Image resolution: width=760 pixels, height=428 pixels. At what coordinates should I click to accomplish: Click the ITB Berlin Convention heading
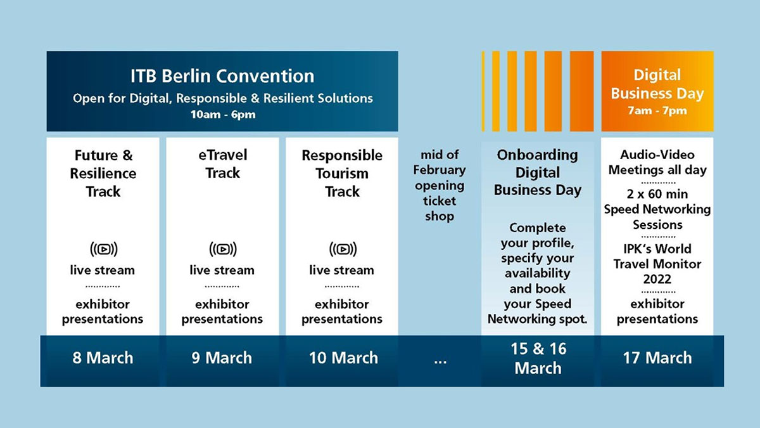222,77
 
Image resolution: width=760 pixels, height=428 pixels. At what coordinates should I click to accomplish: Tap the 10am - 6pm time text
222,115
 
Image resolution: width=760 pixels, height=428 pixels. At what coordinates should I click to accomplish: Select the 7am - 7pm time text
657,111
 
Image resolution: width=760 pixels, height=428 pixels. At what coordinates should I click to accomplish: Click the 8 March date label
103,358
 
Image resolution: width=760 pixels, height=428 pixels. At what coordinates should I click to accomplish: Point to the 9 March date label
222,358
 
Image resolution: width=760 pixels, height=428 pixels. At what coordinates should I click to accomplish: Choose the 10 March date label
343,358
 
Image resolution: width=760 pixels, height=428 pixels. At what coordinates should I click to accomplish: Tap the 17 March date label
657,358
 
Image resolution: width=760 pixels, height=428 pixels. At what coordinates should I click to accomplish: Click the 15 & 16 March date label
538,358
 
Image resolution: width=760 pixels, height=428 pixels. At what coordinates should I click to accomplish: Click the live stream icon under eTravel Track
222,249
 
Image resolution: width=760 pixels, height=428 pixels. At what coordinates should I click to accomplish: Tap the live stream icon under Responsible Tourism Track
342,249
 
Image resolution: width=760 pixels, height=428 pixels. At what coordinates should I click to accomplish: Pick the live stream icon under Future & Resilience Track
103,249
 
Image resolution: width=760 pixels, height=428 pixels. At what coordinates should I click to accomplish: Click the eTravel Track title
222,164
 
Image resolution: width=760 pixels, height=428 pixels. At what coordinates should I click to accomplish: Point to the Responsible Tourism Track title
342,173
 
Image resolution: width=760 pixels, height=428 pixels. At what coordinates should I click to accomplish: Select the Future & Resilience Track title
103,172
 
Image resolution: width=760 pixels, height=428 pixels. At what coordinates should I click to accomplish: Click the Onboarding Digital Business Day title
538,172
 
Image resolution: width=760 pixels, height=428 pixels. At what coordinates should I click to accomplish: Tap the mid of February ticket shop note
440,185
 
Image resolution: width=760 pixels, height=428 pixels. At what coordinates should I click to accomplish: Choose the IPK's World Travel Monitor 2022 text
657,264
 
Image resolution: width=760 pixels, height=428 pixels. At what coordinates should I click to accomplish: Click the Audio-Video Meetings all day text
657,162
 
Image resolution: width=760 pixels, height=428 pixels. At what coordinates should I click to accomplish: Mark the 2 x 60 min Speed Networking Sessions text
657,209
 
